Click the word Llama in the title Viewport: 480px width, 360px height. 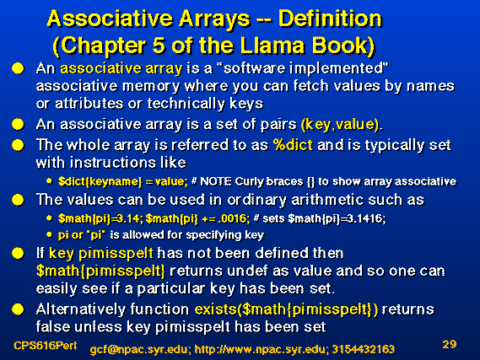click(x=272, y=46)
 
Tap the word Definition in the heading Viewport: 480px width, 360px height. click(x=331, y=19)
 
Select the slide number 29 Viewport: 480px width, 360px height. click(x=450, y=344)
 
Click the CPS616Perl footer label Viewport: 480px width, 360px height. click(x=45, y=346)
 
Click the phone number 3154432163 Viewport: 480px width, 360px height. click(x=363, y=349)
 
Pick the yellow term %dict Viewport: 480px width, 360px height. click(x=293, y=145)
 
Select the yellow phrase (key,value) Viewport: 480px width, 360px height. click(x=340, y=125)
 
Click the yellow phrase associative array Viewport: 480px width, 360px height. click(x=121, y=68)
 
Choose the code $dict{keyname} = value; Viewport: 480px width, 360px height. click(x=123, y=182)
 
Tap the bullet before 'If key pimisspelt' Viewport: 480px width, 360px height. click(x=18, y=254)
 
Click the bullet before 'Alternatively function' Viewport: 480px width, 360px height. click(x=18, y=309)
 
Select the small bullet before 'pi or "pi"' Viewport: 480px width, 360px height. click(x=49, y=235)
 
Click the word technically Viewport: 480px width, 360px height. click(x=186, y=104)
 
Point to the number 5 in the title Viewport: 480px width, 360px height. click(x=159, y=46)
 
